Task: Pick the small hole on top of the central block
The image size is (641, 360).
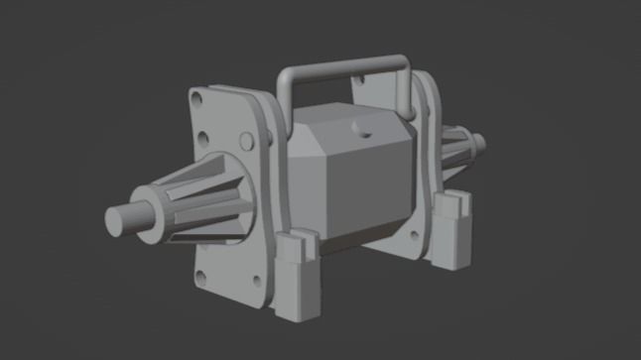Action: pyautogui.click(x=361, y=130)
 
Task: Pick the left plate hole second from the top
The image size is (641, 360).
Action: pyautogui.click(x=202, y=138)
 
